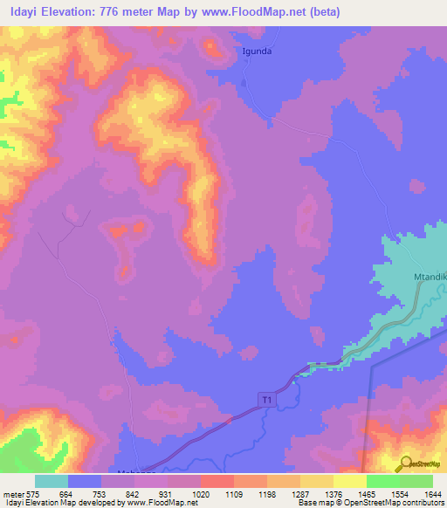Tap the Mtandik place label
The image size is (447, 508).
(x=429, y=278)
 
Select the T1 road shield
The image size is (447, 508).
(x=265, y=399)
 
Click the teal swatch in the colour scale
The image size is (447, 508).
(x=52, y=481)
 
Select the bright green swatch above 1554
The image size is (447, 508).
(x=383, y=481)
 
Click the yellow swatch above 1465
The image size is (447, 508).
(x=350, y=481)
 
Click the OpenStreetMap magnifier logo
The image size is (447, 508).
(x=403, y=463)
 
